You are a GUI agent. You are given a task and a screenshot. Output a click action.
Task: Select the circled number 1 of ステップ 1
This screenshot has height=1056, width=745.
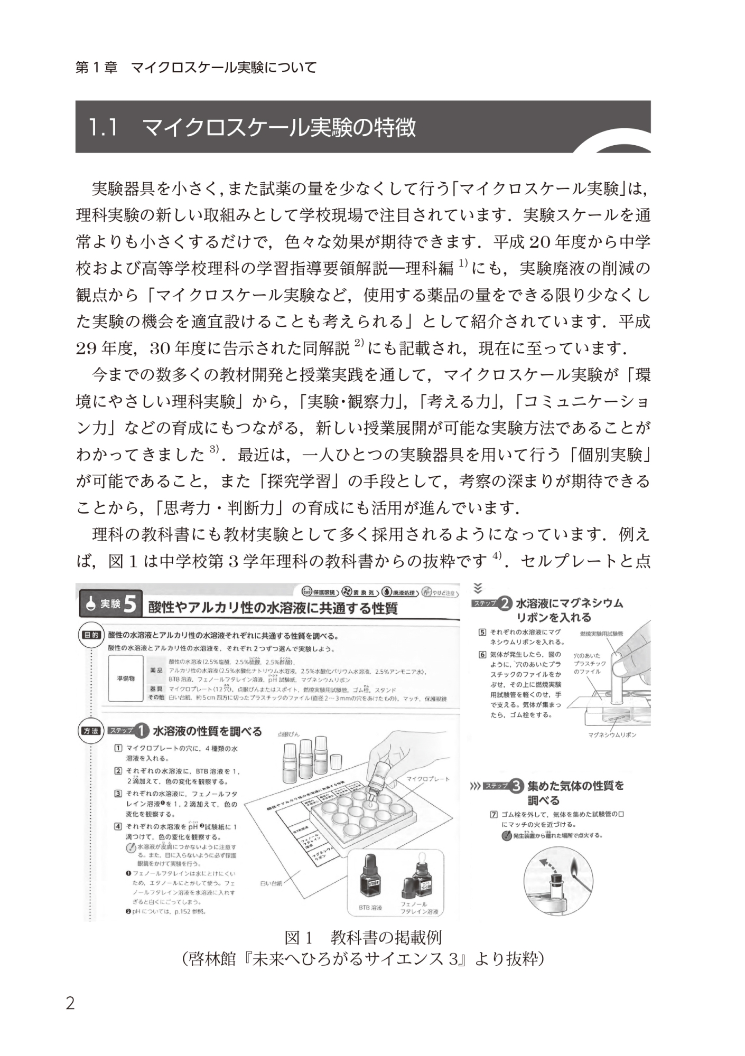pyautogui.click(x=141, y=731)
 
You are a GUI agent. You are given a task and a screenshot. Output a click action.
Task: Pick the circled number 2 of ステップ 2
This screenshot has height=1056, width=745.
pyautogui.click(x=505, y=603)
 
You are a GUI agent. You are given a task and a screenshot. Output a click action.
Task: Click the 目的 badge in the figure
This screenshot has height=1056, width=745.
pyautogui.click(x=89, y=634)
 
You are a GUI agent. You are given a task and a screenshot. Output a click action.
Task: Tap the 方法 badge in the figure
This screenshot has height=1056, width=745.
pyautogui.click(x=90, y=731)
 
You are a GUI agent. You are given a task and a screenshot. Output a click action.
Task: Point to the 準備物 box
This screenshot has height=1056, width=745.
pyautogui.click(x=125, y=678)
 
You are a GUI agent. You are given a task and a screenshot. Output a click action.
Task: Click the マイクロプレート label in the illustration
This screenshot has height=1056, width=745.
pyautogui.click(x=428, y=779)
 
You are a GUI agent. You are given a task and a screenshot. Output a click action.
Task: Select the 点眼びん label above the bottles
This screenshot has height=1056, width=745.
pyautogui.click(x=288, y=734)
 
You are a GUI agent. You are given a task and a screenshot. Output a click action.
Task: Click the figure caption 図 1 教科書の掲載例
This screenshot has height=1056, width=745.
pyautogui.click(x=362, y=938)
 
